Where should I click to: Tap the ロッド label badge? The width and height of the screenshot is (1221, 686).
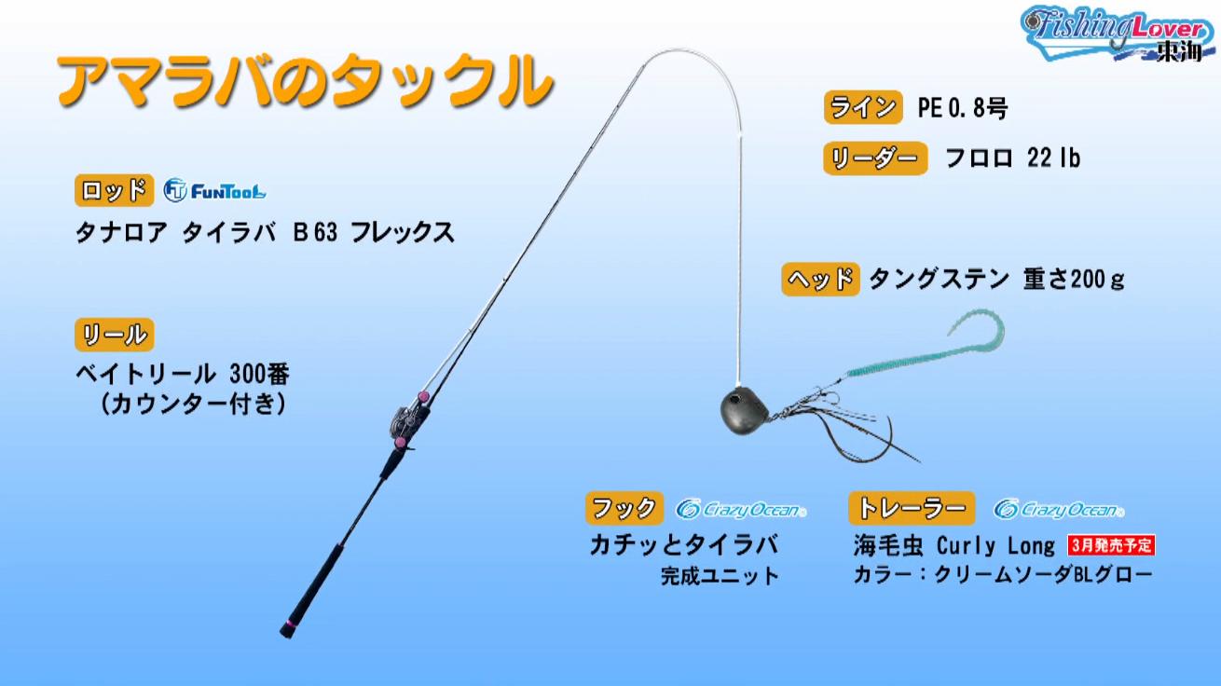coord(114,191)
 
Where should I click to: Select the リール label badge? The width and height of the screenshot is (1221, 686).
coord(115,335)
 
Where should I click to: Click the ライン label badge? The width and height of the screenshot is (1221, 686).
coord(863,107)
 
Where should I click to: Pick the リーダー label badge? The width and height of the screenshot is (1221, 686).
coord(875,158)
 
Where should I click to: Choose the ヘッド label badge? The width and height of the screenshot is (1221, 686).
coord(820,280)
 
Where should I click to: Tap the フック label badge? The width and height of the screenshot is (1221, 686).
coord(624,508)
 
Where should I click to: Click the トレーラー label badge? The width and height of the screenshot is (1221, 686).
coord(912,508)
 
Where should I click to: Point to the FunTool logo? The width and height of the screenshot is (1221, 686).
coord(214,191)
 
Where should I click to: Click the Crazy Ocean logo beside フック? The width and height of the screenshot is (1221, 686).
coord(741,510)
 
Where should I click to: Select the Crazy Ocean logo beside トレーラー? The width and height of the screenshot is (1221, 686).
coord(1059,510)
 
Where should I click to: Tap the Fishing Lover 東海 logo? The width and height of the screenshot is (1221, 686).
coord(1118,34)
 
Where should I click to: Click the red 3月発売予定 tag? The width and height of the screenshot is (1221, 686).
coord(1111,545)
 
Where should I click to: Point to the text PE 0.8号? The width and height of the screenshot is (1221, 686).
coord(963,108)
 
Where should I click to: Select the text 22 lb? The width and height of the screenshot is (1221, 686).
coord(1053,158)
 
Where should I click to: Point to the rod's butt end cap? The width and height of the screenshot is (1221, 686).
coord(288,629)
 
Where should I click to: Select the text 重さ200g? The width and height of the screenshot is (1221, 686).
coord(1074,280)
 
